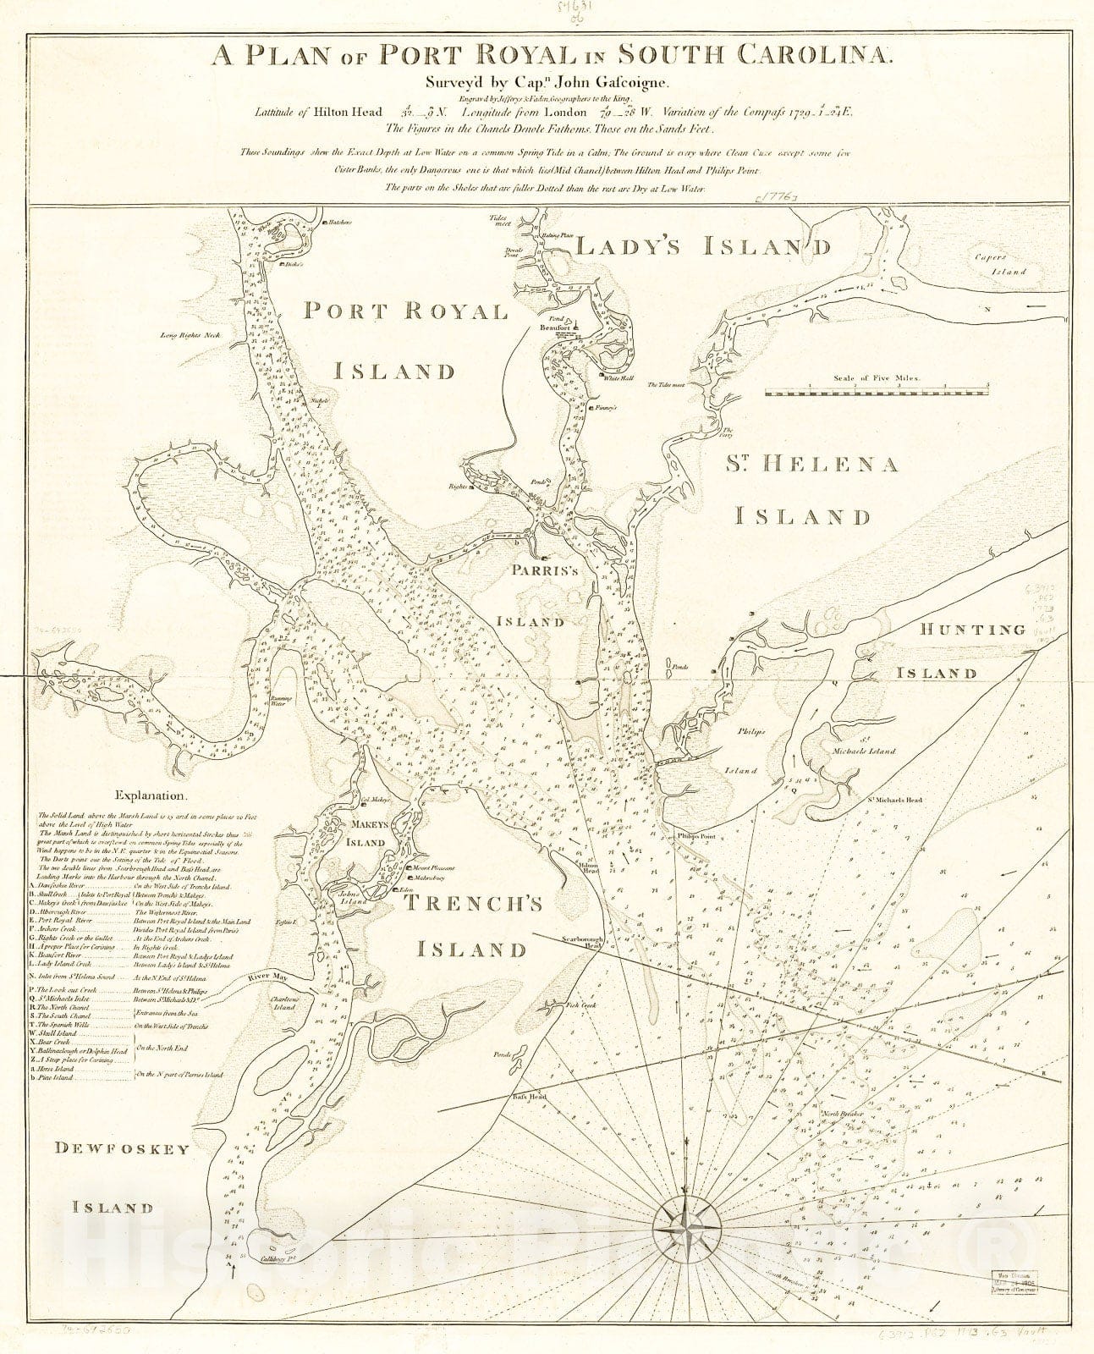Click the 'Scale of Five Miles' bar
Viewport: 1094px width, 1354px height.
click(877, 392)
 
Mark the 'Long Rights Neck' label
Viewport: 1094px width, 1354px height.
click(190, 335)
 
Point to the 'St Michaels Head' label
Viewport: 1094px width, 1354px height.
click(893, 799)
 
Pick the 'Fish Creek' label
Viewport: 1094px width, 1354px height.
click(582, 1004)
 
